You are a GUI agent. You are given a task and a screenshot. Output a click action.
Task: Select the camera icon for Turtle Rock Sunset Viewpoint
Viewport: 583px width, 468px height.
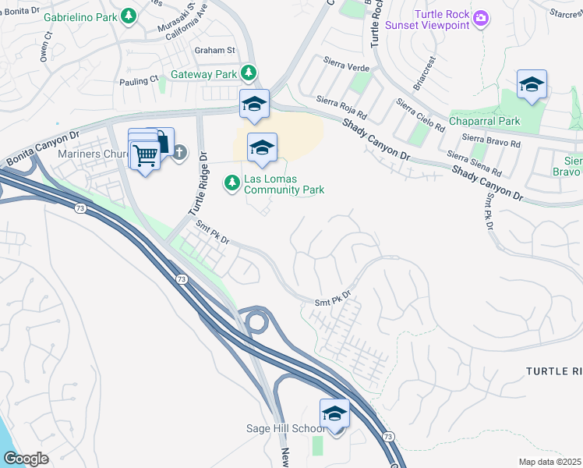pos(482,17)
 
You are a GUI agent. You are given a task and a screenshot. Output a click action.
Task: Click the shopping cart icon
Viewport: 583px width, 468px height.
pos(145,155)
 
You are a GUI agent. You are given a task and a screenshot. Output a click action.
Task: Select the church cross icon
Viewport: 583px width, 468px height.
pos(179,152)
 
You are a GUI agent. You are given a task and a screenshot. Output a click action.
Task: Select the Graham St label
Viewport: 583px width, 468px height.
pos(214,51)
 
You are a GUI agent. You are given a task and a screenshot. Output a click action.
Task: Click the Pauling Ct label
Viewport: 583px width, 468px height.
pos(139,79)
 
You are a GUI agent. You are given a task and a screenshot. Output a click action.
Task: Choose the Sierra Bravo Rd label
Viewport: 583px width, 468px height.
pos(491,143)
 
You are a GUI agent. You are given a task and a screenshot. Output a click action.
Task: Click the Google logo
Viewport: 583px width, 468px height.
pos(26,459)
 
